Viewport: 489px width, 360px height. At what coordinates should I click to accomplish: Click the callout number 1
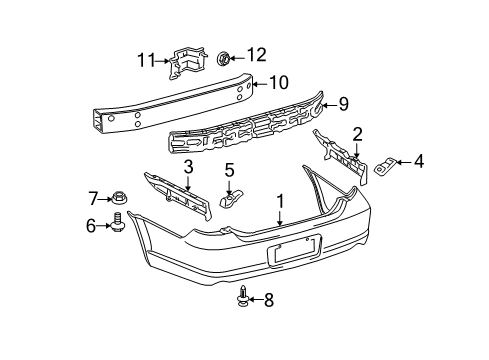tap(281, 200)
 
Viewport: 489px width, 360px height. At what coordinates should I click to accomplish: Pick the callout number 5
tap(229, 170)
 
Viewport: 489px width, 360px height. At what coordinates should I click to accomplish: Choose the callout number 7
tap(94, 198)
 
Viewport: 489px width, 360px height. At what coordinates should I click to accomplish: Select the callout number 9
tap(342, 101)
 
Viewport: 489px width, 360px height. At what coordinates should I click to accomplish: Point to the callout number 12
tap(256, 54)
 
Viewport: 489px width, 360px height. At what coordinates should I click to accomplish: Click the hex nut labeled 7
tap(118, 199)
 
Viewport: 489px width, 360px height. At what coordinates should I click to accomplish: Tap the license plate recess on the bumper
tap(296, 250)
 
